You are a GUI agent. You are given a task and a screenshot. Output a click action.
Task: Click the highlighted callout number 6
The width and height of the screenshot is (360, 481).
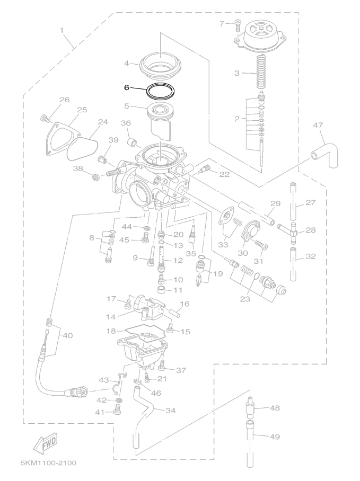click(x=127, y=87)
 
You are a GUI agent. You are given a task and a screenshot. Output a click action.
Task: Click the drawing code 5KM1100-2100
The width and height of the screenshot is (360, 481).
click(x=48, y=463)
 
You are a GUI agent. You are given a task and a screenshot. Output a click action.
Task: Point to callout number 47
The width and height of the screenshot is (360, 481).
click(x=318, y=125)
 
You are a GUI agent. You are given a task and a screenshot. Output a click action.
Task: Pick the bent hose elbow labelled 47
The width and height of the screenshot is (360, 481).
click(x=326, y=155)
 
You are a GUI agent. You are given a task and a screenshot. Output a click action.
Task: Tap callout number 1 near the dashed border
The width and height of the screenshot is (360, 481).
click(x=62, y=30)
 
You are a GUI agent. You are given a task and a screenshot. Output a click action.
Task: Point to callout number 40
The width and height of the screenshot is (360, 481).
click(x=67, y=336)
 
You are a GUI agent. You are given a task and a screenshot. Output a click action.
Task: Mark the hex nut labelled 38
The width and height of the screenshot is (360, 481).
click(x=96, y=177)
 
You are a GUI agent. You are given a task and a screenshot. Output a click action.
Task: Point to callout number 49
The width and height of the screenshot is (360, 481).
click(x=275, y=436)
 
